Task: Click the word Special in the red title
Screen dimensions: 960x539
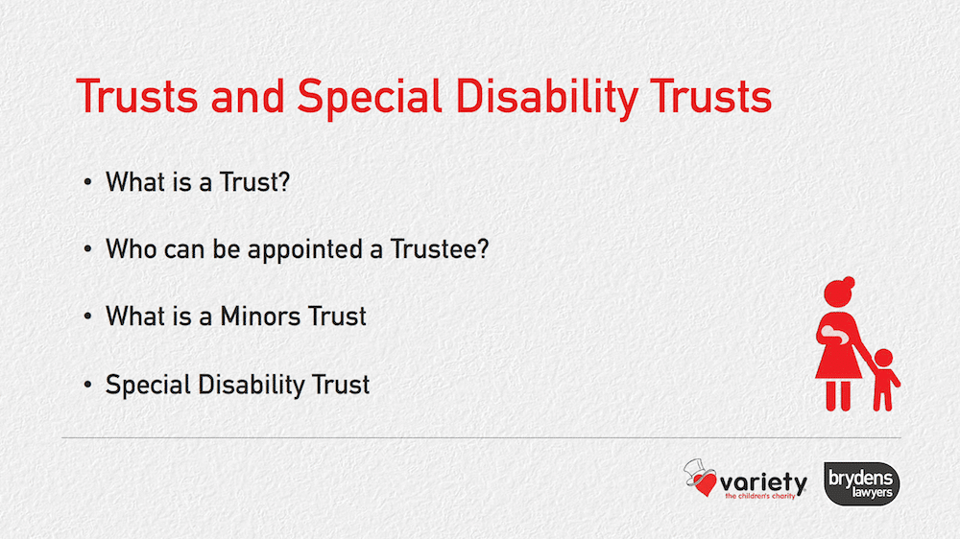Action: point(370,98)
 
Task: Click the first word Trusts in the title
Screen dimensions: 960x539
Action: point(137,97)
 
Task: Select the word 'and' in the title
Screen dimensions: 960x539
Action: point(248,97)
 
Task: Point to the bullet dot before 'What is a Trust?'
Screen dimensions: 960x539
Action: point(87,182)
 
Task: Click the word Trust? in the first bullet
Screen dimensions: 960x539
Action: point(254,182)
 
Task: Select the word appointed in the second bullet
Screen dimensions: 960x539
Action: point(305,249)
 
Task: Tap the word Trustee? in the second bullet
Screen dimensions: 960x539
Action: point(440,249)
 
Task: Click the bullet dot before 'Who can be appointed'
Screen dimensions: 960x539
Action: point(87,249)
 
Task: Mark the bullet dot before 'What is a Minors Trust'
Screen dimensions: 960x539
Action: point(87,316)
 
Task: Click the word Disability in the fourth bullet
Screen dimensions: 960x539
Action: point(251,386)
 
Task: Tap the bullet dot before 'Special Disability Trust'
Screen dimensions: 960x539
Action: point(87,386)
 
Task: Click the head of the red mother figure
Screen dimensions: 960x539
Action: point(839,292)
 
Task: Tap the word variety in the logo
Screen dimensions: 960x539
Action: point(763,482)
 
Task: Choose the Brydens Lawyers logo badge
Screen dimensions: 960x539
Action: point(861,483)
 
